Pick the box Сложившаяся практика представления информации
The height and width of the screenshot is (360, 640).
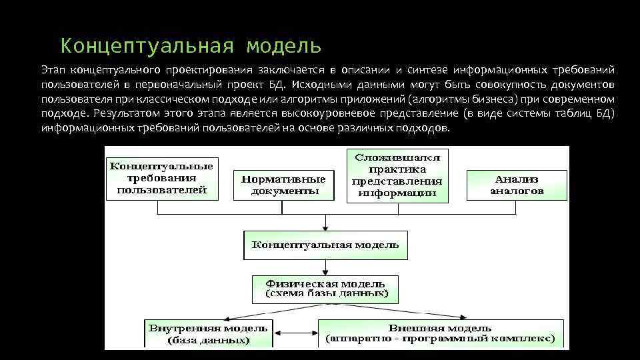pyautogui.click(x=397, y=175)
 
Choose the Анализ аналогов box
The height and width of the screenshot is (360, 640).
pyautogui.click(x=517, y=185)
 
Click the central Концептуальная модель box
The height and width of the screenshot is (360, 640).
pyautogui.click(x=325, y=245)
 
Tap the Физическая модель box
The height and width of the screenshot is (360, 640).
pyautogui.click(x=325, y=288)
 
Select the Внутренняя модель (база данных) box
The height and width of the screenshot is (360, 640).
pyautogui.click(x=208, y=333)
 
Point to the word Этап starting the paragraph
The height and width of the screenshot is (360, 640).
pyautogui.click(x=53, y=70)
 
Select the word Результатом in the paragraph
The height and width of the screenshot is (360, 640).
pyautogui.click(x=123, y=113)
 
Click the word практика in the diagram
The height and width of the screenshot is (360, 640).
pyautogui.click(x=397, y=169)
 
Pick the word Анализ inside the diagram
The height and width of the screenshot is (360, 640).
pyautogui.click(x=517, y=179)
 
